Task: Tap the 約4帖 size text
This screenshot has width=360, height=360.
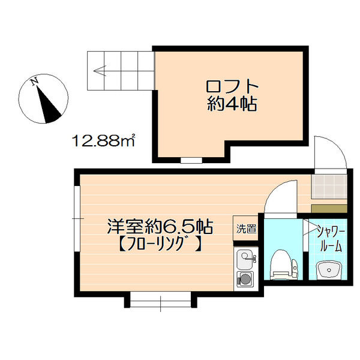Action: pyautogui.click(x=231, y=104)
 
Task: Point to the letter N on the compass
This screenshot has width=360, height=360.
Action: pyautogui.click(x=36, y=81)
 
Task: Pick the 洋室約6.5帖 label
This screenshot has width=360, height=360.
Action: pyautogui.click(x=160, y=227)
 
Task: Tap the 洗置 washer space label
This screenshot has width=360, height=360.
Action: pyautogui.click(x=245, y=229)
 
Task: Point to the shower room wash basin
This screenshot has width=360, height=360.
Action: pyautogui.click(x=328, y=271)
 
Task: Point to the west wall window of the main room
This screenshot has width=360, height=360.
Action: pyautogui.click(x=76, y=218)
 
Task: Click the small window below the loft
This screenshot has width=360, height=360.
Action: pyautogui.click(x=191, y=160)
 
